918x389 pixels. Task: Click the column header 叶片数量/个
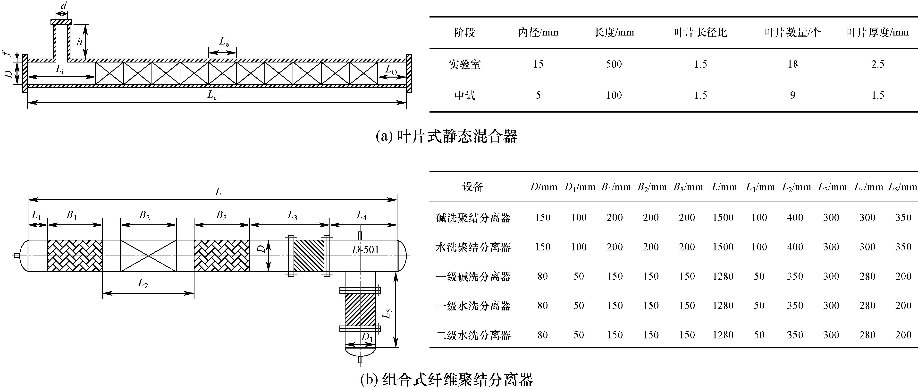(792, 33)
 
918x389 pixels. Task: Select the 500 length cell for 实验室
(614, 64)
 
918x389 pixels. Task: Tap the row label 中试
(465, 95)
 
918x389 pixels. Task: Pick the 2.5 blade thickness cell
(878, 64)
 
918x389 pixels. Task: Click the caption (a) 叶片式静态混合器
(447, 136)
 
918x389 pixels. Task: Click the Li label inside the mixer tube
(60, 70)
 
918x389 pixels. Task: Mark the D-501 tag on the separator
(365, 249)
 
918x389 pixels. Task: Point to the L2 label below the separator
(143, 284)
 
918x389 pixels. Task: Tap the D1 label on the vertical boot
(367, 336)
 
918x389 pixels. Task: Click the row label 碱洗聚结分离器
(473, 218)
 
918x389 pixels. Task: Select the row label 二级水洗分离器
(473, 335)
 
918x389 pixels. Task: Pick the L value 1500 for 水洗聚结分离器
(723, 247)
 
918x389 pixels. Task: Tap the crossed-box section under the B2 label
(148, 256)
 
